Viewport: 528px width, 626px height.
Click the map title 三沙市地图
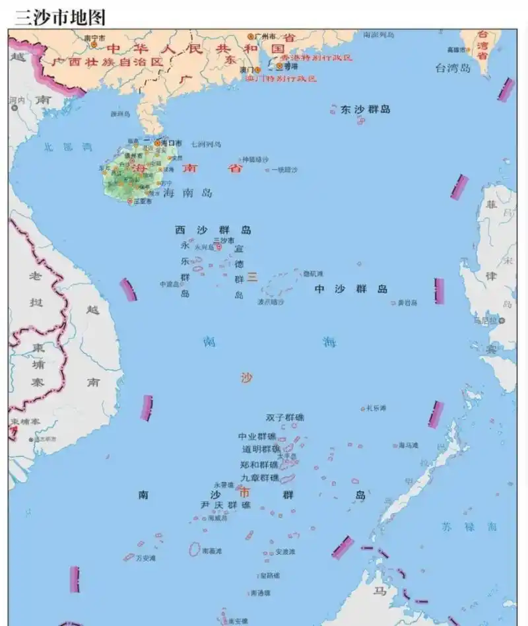pos(60,17)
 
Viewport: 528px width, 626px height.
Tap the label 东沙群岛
pos(365,109)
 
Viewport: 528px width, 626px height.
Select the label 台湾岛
pos(453,67)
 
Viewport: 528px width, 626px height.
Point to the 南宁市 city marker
pos(94,44)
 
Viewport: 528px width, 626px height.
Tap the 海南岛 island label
pos(188,193)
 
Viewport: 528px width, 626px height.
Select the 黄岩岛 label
pos(408,303)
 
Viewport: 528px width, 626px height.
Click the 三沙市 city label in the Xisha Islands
pos(224,240)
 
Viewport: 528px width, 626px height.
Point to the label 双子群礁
pos(285,417)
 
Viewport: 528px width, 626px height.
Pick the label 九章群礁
pos(259,477)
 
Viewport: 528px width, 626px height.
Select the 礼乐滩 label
pos(376,408)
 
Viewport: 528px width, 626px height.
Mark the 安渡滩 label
pos(285,551)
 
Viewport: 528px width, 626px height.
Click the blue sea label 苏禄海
pos(470,526)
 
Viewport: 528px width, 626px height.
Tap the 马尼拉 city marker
pos(502,321)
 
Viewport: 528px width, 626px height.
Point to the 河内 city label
pos(16,100)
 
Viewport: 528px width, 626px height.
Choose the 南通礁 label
pos(260,593)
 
